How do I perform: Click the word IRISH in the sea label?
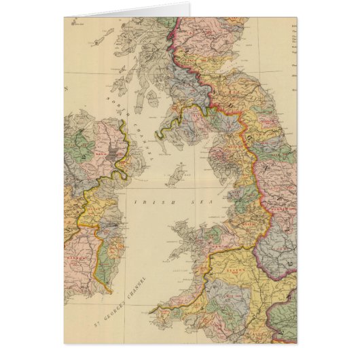point(147,202)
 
